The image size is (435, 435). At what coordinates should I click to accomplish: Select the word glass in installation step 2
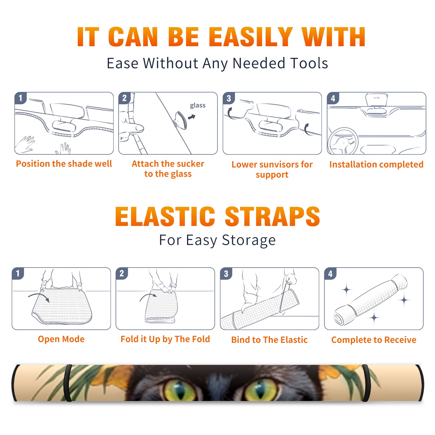click(198, 105)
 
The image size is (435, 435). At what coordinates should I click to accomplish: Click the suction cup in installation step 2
click(181, 120)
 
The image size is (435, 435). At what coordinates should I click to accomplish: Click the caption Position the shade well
click(64, 164)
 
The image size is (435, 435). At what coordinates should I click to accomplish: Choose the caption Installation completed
click(376, 164)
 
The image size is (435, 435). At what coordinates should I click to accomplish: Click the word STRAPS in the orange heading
click(272, 216)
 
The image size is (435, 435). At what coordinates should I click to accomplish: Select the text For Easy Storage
click(217, 240)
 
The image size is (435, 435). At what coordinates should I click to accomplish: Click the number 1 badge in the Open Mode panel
click(18, 273)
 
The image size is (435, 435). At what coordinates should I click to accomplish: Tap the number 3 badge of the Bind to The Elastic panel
click(226, 274)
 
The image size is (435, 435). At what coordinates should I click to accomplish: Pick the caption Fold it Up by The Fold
click(165, 339)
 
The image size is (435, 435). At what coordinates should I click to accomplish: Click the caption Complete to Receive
click(374, 340)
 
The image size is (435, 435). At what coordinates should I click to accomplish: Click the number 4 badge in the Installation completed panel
click(333, 98)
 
